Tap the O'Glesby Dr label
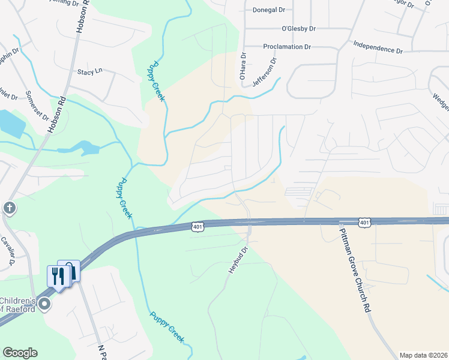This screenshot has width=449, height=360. click(298, 28)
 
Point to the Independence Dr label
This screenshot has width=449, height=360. click(378, 47)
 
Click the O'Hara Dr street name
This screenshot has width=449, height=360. click(243, 67)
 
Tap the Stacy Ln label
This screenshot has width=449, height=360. click(90, 71)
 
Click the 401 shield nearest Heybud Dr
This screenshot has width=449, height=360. click(199, 226)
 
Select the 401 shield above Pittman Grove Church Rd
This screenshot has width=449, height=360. click(364, 223)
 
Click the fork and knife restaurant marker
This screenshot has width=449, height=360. click(58, 277)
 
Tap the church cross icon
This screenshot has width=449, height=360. click(9, 208)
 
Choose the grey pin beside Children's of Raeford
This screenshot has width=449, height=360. click(44, 305)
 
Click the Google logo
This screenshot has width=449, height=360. click(20, 353)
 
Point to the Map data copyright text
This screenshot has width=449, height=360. click(423, 355)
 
